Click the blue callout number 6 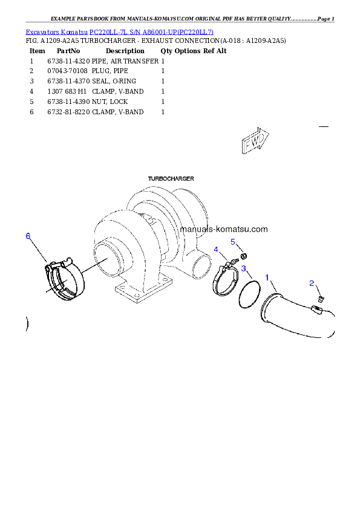coord(28,236)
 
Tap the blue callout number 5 coord(233,242)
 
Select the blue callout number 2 coord(312,284)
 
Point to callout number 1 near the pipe coord(267,277)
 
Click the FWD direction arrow coord(255,140)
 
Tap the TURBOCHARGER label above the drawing coord(171,178)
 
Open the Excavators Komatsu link coord(56,32)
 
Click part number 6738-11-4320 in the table coord(68,61)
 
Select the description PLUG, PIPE coord(110,71)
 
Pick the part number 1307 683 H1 coord(67,91)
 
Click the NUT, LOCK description coord(110,102)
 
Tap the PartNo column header coord(68,51)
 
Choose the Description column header coord(125,51)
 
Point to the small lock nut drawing coord(243,256)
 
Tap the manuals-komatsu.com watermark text coord(224,229)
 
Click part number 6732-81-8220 coord(68,112)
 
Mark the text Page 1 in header coord(326,19)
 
